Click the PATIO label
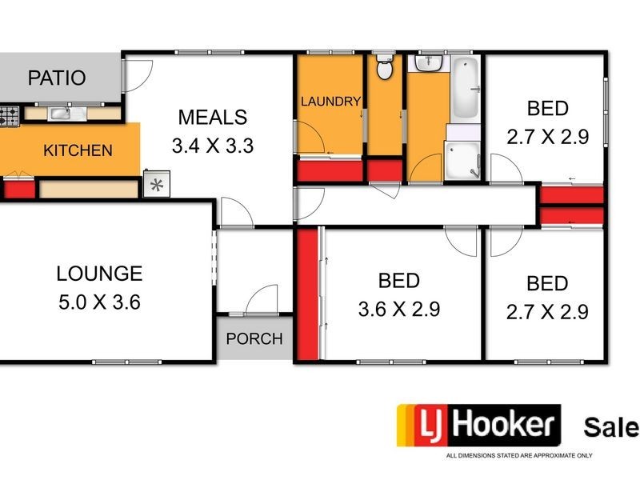point(56,78)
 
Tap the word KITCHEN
point(78,150)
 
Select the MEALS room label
point(212,118)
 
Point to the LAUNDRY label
point(330,101)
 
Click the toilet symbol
point(385,70)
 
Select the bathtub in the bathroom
point(465,88)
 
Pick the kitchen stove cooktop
point(8,117)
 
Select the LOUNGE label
point(99,274)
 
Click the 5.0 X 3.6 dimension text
point(99,303)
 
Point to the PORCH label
point(254,338)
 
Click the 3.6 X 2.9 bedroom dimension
point(399,310)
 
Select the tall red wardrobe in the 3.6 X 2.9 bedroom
point(308,294)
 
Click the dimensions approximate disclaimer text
point(519,455)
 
